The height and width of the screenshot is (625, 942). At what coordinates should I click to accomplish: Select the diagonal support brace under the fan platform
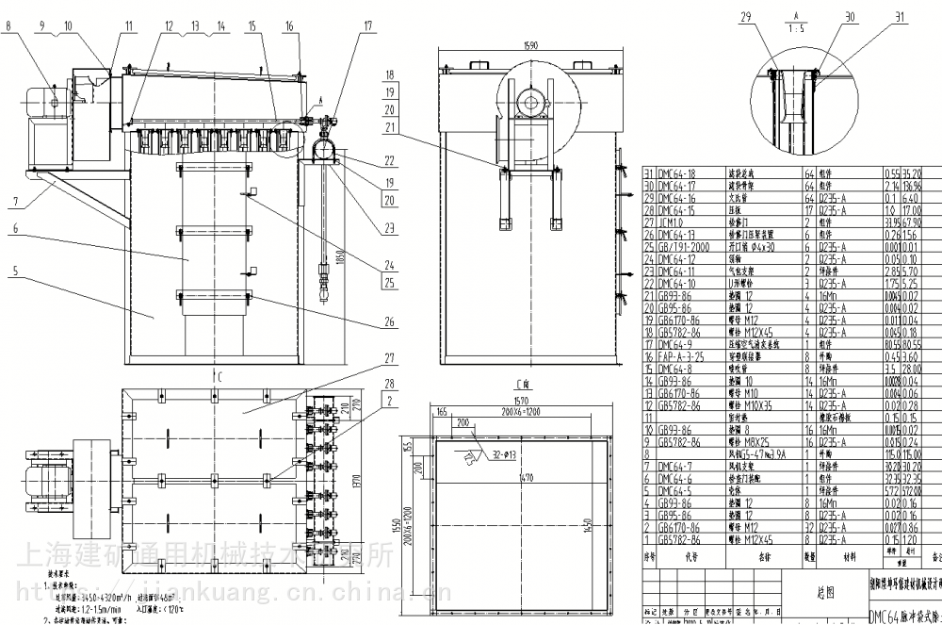click(x=80, y=193)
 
